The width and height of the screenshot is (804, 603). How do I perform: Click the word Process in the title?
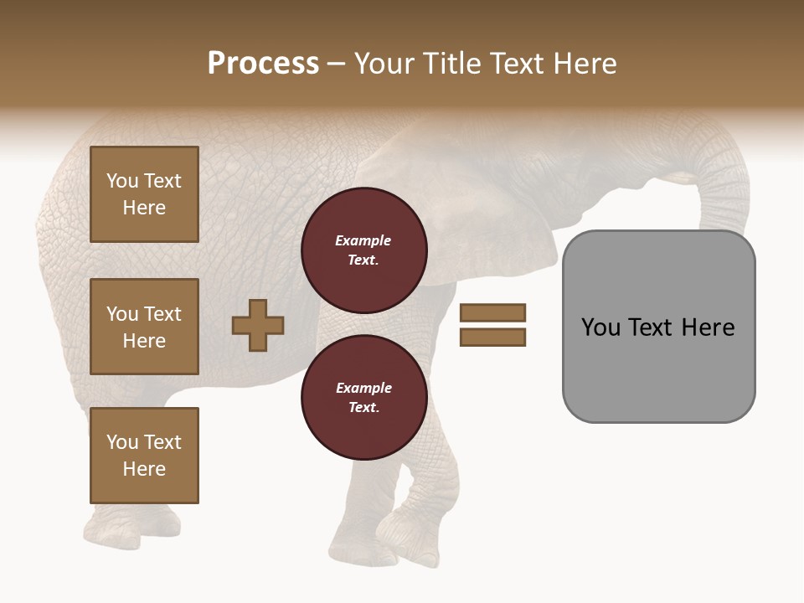(263, 64)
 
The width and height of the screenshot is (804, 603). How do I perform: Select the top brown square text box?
(144, 194)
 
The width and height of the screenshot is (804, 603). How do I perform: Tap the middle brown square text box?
(144, 327)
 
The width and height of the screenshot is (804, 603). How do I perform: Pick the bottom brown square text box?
(144, 456)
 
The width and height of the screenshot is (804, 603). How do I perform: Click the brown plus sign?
(258, 325)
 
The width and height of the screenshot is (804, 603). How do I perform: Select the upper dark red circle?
(363, 250)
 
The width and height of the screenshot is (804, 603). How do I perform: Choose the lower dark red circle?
(363, 398)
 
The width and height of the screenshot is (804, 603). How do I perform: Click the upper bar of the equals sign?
(492, 313)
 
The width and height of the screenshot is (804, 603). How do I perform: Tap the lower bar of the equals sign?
(492, 338)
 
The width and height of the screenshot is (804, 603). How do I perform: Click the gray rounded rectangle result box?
(658, 368)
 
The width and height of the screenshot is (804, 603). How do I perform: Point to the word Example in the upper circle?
(363, 241)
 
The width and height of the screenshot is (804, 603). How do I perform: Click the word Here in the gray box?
(708, 327)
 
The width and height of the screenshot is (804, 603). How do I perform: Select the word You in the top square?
(121, 181)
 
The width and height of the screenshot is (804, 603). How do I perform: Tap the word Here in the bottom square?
(144, 469)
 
